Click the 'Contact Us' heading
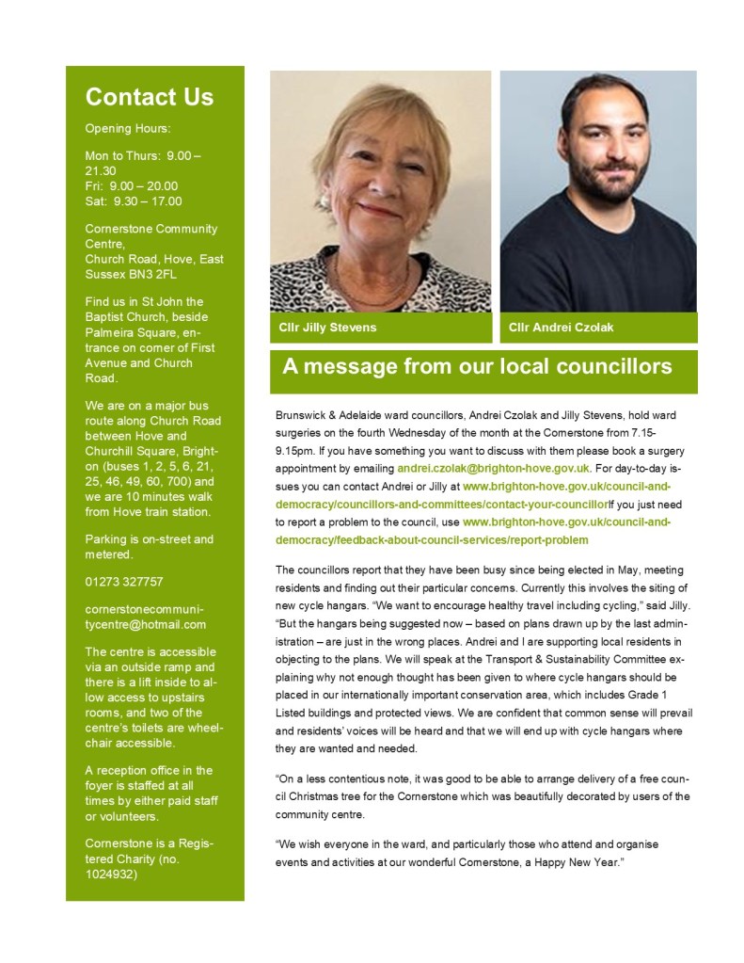click(x=149, y=97)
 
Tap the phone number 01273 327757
click(x=124, y=582)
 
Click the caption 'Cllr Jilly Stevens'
click(x=327, y=328)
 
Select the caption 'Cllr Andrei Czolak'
click(x=561, y=328)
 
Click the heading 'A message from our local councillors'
click(x=477, y=366)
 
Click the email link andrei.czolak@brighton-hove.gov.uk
click(x=494, y=467)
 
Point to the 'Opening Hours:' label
click(x=128, y=128)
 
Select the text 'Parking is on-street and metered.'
click(x=149, y=547)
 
